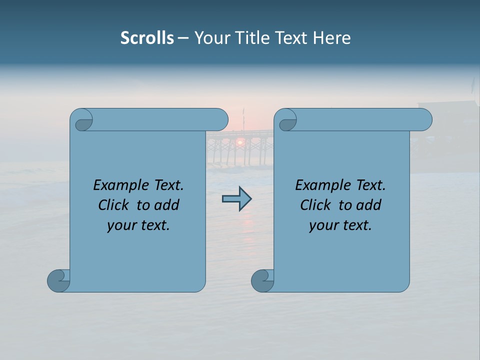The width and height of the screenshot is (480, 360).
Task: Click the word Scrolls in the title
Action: pyautogui.click(x=147, y=38)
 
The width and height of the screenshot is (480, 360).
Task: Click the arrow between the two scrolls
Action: pyautogui.click(x=237, y=199)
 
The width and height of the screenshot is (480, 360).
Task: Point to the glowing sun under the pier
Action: pyautogui.click(x=240, y=142)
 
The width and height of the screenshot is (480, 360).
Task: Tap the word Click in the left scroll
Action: pyautogui.click(x=113, y=205)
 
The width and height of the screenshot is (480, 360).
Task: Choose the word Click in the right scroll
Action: pyautogui.click(x=315, y=205)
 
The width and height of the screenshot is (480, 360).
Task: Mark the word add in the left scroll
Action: pyautogui.click(x=167, y=205)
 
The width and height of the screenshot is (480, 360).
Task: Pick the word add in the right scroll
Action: pyautogui.click(x=369, y=205)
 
